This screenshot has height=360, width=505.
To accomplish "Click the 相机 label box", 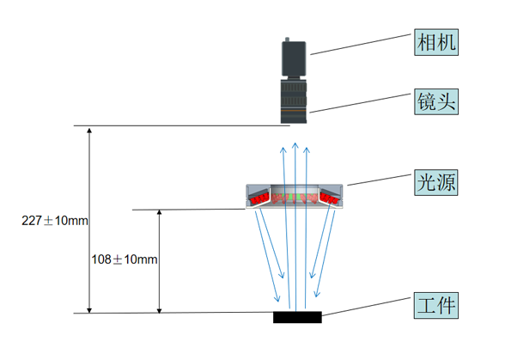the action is click(x=436, y=42).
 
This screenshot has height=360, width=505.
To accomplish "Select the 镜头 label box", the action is click(x=436, y=101).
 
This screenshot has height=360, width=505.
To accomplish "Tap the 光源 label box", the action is click(x=435, y=182).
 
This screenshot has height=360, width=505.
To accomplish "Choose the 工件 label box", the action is click(x=435, y=306).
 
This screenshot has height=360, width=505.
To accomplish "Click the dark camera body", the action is click(x=294, y=58).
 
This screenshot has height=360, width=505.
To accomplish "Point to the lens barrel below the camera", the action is click(x=294, y=101).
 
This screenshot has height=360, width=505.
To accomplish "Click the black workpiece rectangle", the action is click(x=297, y=317).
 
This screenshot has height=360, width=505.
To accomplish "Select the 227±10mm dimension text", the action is click(x=55, y=221).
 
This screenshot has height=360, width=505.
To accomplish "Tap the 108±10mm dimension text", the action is click(x=125, y=259).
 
